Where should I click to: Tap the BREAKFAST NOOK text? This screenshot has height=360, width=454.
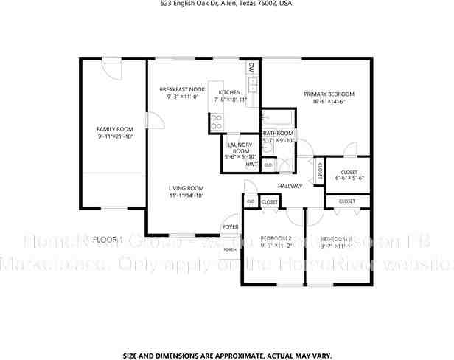point(182,89)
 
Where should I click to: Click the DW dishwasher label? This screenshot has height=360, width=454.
point(251,68)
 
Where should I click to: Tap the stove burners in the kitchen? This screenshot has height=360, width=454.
point(217,122)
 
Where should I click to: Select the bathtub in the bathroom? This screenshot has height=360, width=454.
point(279,118)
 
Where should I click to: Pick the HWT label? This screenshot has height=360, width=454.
point(251,165)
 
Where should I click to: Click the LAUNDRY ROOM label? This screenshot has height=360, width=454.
point(241,147)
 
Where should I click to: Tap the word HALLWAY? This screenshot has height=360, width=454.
point(290,186)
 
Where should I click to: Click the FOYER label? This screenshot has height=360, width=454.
point(231,226)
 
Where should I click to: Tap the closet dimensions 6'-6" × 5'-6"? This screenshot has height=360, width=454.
point(350,178)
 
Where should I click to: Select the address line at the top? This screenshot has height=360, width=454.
point(226,4)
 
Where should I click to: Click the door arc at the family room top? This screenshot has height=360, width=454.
point(113,69)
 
